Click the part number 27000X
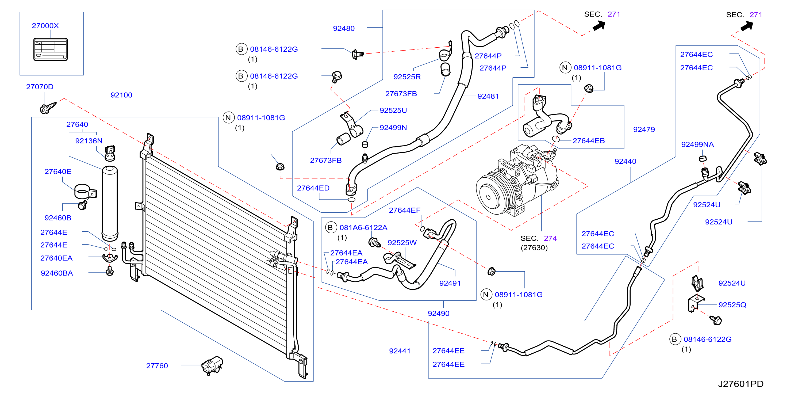[x=45, y=26]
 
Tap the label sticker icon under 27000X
[x=51, y=49]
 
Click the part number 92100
[x=121, y=95]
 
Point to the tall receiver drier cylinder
[x=110, y=203]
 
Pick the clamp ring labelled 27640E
[x=85, y=192]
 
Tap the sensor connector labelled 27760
[x=212, y=365]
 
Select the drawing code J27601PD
[x=741, y=384]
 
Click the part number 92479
[x=644, y=129]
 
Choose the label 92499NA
[x=697, y=144]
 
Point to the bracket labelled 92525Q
[x=696, y=304]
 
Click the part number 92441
[x=400, y=351]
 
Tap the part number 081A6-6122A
[x=363, y=227]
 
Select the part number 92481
[x=488, y=96]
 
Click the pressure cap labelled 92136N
[x=110, y=154]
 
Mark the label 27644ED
[x=313, y=188]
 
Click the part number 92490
[x=439, y=314]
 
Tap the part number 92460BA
[x=57, y=273]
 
